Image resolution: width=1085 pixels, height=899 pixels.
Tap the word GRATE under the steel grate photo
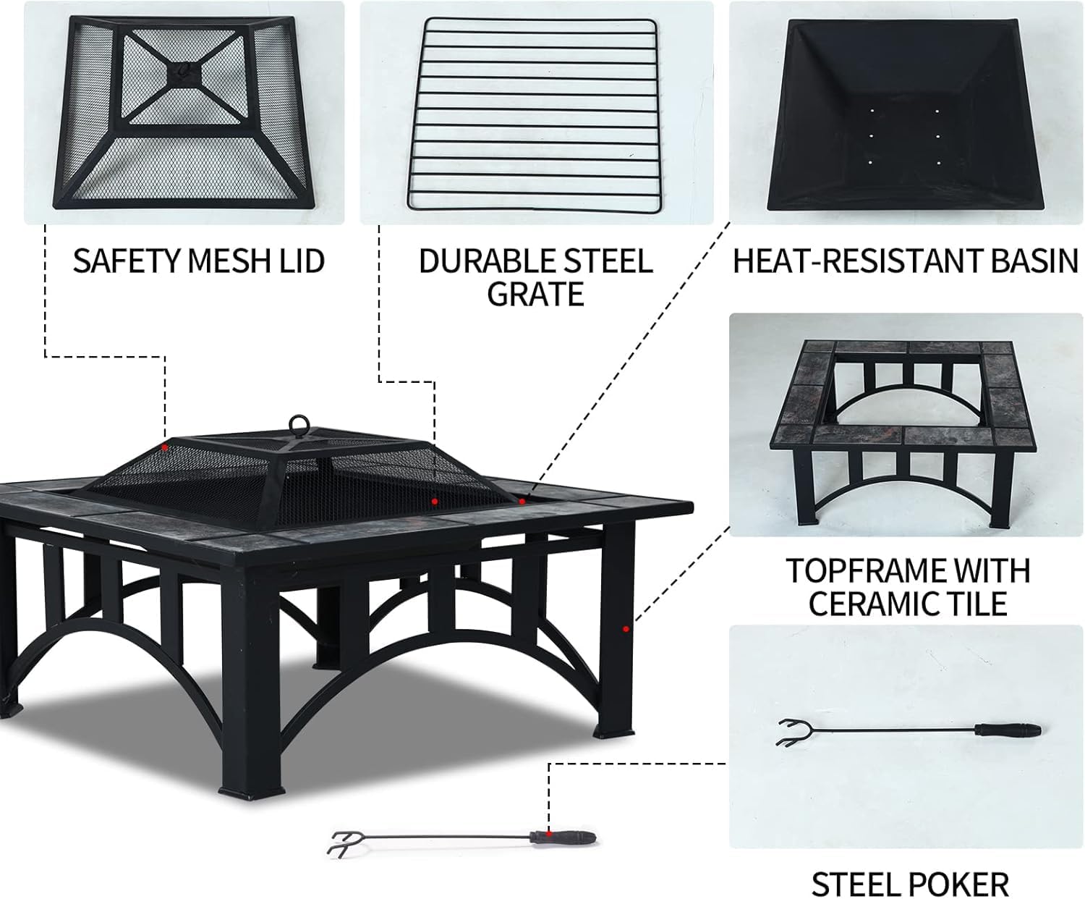[x=535, y=294]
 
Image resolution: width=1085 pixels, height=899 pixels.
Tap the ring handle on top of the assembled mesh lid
[x=298, y=424]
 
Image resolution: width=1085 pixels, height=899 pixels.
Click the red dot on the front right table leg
[x=626, y=629]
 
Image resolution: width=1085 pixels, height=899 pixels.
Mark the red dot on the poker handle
[x=550, y=834]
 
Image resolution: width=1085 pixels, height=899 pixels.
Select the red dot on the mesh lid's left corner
[x=165, y=447]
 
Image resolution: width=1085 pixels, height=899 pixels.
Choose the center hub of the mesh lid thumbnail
[x=185, y=72]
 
